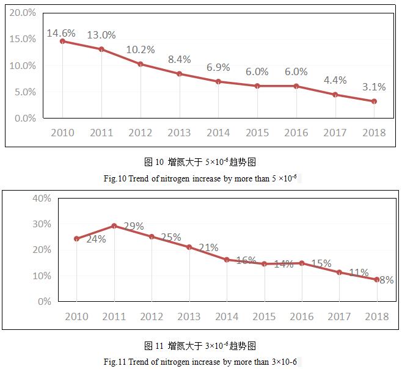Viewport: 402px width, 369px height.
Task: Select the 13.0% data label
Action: tap(101, 35)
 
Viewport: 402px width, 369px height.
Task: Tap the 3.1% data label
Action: tap(373, 87)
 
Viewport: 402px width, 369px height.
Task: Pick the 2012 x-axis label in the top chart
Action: tap(141, 133)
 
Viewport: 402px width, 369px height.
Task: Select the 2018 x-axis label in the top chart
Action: tap(373, 133)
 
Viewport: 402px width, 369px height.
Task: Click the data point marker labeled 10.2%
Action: tap(141, 64)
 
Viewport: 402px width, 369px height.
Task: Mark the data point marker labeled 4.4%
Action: tap(335, 95)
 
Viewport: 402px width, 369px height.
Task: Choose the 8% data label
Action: tap(386, 280)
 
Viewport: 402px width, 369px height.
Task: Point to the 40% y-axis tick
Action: tap(41, 198)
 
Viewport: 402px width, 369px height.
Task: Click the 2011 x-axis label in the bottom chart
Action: tap(114, 316)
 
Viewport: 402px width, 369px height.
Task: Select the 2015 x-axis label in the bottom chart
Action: tap(265, 316)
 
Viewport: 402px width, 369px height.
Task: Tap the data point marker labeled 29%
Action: tap(114, 226)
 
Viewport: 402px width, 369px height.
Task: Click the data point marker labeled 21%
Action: tap(189, 247)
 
